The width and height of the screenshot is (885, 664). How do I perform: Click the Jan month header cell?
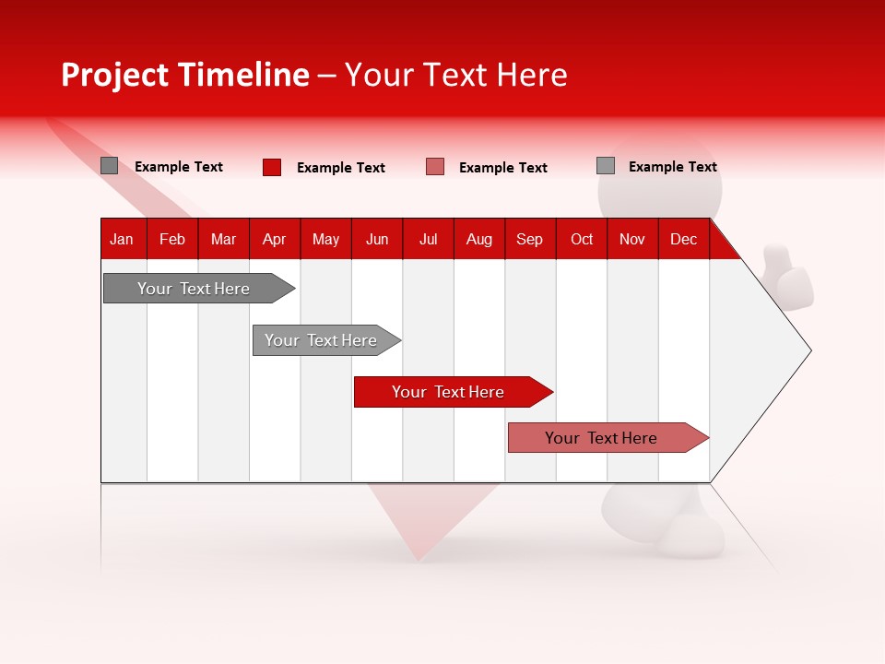click(122, 239)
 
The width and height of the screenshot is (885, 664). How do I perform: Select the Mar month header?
click(223, 239)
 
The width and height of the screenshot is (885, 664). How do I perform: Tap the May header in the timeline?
click(325, 239)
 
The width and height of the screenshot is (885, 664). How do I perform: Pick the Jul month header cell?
click(428, 239)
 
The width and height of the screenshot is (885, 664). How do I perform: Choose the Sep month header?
click(529, 239)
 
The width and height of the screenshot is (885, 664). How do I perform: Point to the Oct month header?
click(582, 239)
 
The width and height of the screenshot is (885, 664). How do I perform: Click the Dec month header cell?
click(683, 239)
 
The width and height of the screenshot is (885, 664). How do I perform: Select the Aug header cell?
click(478, 239)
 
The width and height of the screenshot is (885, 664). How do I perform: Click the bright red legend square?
click(272, 167)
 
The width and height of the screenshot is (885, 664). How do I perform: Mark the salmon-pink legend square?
click(435, 167)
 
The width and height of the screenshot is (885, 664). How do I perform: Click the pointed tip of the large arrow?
click(808, 350)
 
